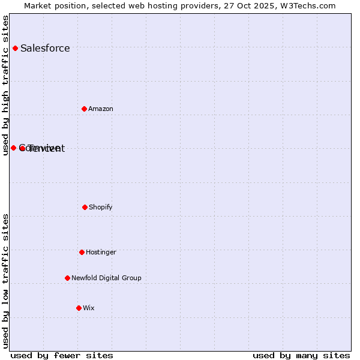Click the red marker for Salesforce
pos(15,48)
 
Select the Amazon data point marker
pos(84,109)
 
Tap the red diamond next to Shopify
pos(85,207)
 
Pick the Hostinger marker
pos(82,252)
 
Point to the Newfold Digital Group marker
pos(67,278)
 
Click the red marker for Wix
pos(79,308)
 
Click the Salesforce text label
pos(45,49)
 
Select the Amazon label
pos(101,109)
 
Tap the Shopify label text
pos(101,207)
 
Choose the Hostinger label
pos(101,252)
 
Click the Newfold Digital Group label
pos(106,278)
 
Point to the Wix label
pos(89,308)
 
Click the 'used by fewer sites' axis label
pos(62,355)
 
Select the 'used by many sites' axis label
pos(301,355)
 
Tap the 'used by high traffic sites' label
pos(5,85)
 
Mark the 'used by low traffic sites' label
pos(5,281)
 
